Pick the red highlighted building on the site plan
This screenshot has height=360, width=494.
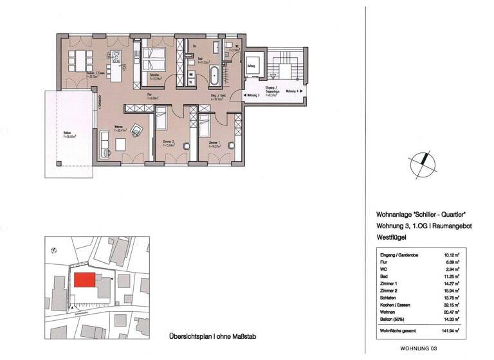pyautogui.click(x=84, y=280)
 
